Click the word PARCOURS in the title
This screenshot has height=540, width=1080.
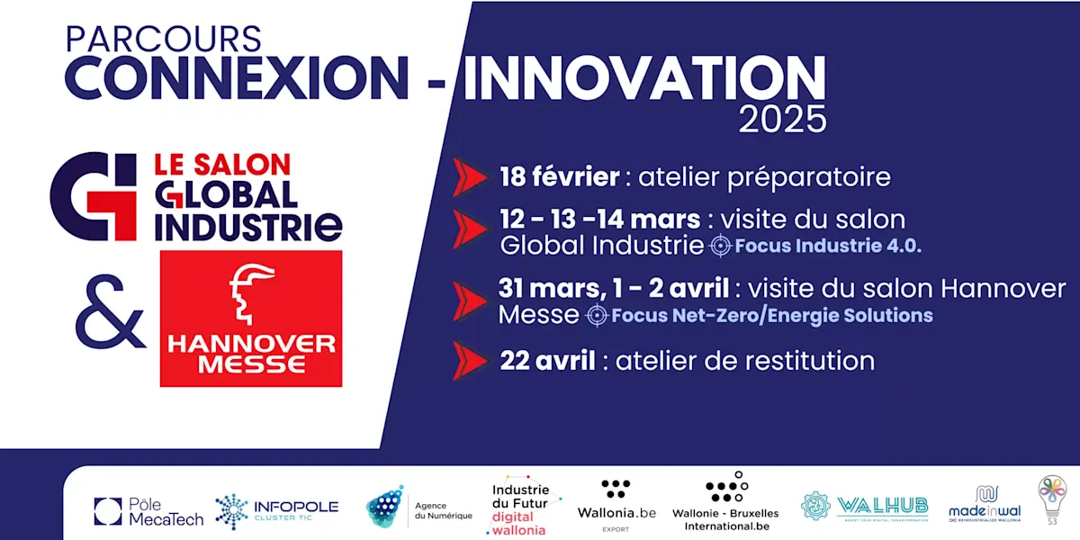point(164,39)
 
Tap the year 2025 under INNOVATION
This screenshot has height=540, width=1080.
point(781,119)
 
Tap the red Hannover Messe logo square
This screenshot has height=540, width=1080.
point(251,319)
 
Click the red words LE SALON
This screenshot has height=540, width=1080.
point(222,165)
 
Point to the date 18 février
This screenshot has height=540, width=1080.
point(559,176)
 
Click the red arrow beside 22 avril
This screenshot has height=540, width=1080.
point(471,361)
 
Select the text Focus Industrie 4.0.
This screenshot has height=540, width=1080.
point(828,246)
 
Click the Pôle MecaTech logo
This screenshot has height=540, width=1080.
point(148,511)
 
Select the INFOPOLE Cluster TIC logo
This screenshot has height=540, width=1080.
point(276,510)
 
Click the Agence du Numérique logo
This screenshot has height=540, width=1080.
point(418,508)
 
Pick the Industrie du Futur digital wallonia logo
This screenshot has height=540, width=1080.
point(526,506)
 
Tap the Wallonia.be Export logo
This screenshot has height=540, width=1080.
point(616,504)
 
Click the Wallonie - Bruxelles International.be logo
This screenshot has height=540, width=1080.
point(731,502)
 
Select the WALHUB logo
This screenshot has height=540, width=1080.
point(865,506)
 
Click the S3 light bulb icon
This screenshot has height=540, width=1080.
point(1051,499)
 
